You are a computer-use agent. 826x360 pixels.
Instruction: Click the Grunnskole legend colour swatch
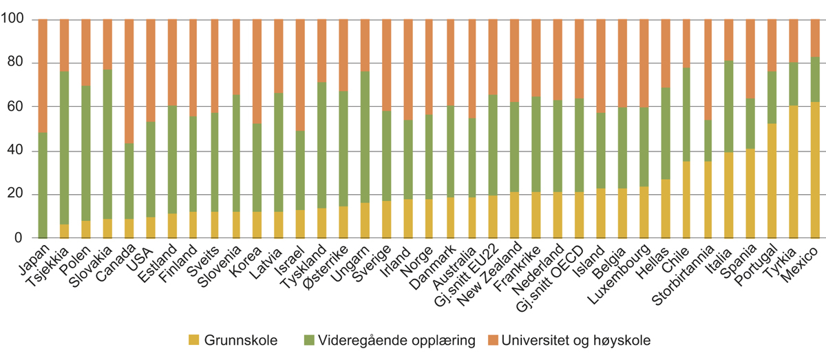(x=193, y=340)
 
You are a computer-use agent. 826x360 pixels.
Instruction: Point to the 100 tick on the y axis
(x=15, y=20)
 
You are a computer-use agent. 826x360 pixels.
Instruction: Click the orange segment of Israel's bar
(x=300, y=75)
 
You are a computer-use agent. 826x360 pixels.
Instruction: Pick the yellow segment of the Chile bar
(x=686, y=200)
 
